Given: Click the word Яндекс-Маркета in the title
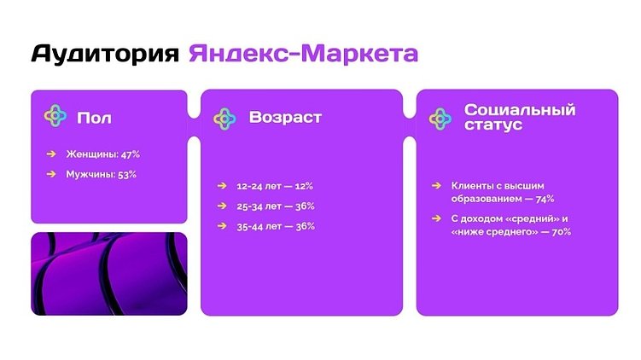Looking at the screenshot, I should point(304,54).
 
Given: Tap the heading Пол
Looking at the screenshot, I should point(94,118).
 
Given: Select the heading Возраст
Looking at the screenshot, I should point(285,117).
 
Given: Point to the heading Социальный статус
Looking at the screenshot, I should point(520,117).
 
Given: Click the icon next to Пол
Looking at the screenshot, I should point(55,116).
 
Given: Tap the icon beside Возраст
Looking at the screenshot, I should point(224,117).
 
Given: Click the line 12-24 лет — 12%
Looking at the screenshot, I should point(276,185).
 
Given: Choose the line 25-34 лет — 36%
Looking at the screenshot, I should point(276,206).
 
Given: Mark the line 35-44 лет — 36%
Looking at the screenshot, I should point(276,226).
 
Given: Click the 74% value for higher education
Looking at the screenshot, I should point(544,199).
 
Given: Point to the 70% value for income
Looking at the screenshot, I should point(560,231).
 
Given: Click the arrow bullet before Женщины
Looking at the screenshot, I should point(51,154).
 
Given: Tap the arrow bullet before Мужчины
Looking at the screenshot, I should point(51,174).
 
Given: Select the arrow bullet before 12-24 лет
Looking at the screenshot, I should point(221,185).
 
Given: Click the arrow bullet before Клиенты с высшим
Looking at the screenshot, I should point(437,185).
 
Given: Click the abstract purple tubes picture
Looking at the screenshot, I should point(108,274).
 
